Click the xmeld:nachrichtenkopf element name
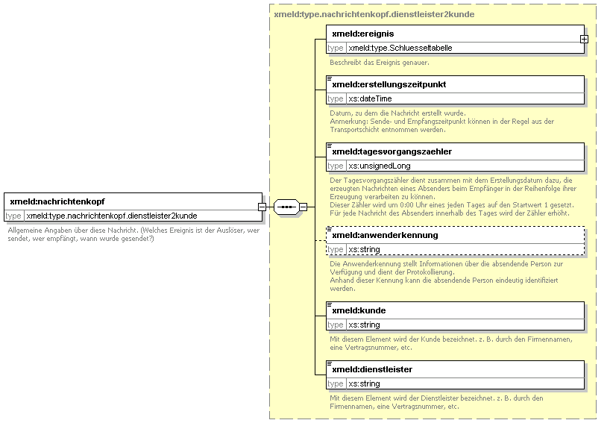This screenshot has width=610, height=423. pyautogui.click(x=57, y=201)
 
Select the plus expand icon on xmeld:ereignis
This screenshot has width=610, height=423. pyautogui.click(x=584, y=40)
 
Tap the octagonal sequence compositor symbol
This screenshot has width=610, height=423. pyautogui.click(x=286, y=207)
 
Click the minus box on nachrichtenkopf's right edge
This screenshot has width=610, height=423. pyautogui.click(x=262, y=207)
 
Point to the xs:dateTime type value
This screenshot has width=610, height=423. pyautogui.click(x=370, y=98)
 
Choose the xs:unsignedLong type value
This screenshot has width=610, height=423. pyautogui.click(x=380, y=166)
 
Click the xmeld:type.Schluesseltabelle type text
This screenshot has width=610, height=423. pyautogui.click(x=400, y=48)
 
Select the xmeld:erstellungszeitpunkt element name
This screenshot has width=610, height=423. pyautogui.click(x=389, y=84)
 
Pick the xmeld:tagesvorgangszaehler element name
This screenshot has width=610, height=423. pyautogui.click(x=392, y=151)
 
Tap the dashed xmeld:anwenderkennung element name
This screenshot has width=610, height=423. pyautogui.click(x=385, y=235)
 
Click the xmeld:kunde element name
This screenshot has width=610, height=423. pyautogui.click(x=359, y=310)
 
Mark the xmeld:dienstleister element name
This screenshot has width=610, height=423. pyautogui.click(x=372, y=369)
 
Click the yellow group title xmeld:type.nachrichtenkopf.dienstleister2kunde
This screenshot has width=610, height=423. pyautogui.click(x=374, y=14)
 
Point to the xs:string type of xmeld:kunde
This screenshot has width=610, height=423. pyautogui.click(x=364, y=325)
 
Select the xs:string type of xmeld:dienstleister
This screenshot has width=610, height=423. pyautogui.click(x=364, y=383)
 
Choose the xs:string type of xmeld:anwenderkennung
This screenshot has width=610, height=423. pyautogui.click(x=364, y=249)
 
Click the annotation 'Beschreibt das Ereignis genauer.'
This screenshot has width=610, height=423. pyautogui.click(x=380, y=62)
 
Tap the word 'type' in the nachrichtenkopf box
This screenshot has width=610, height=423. pyautogui.click(x=13, y=216)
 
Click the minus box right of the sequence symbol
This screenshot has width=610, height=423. pyautogui.click(x=303, y=207)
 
